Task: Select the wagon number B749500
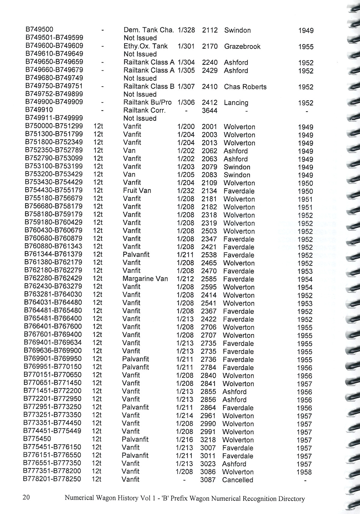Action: [x=39, y=29]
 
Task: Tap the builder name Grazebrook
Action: [x=242, y=46]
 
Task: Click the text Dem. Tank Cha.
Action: [x=148, y=30]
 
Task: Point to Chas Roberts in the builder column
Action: [x=245, y=87]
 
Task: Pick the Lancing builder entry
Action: [x=236, y=103]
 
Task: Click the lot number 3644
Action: [x=209, y=111]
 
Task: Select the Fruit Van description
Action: [x=137, y=191]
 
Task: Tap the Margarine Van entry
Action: [x=145, y=279]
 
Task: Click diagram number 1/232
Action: [x=185, y=191]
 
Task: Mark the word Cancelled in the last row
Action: [x=238, y=480]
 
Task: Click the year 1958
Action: [x=304, y=472]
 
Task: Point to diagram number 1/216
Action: [x=184, y=439]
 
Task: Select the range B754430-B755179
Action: [x=54, y=190]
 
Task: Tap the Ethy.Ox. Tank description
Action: [x=145, y=46]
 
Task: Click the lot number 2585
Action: [x=209, y=279]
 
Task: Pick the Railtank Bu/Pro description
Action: [x=147, y=102]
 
